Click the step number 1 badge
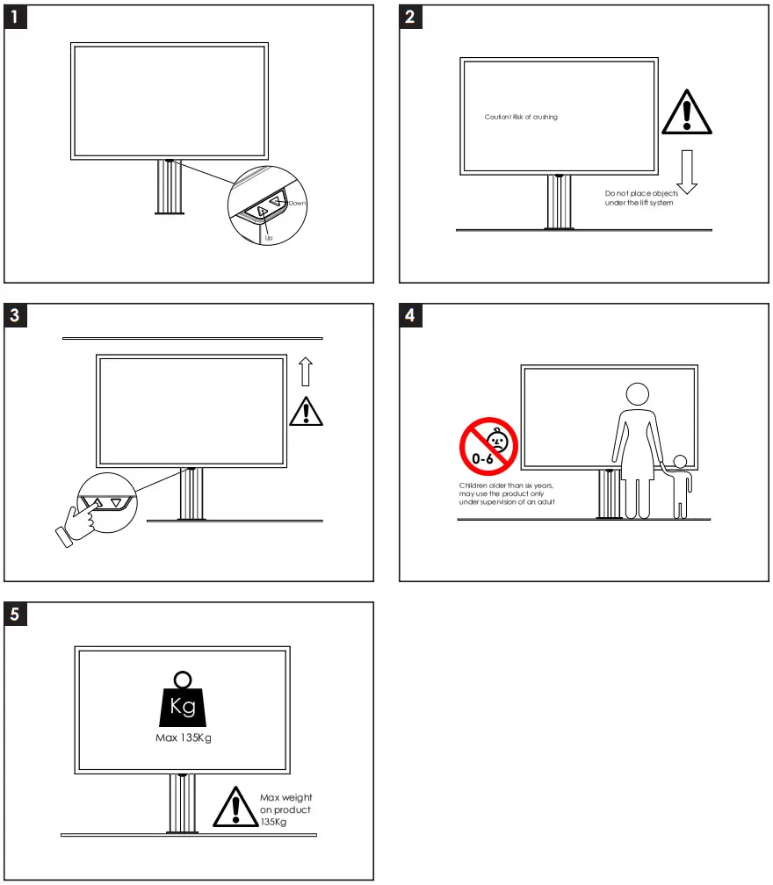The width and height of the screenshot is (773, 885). (x=16, y=18)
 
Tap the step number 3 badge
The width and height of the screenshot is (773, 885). (x=16, y=316)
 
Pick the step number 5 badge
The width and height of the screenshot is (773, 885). (x=16, y=615)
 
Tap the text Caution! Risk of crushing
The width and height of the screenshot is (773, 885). (x=521, y=117)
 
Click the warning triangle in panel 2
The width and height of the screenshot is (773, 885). (x=686, y=112)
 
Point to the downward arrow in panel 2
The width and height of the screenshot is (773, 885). (x=687, y=170)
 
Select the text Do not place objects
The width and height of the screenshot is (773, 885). (x=641, y=193)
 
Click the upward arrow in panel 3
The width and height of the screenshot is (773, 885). (x=306, y=372)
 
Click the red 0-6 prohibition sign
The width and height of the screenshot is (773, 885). (x=489, y=446)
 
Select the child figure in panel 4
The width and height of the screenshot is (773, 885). (x=681, y=487)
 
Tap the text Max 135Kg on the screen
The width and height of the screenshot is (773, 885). (x=183, y=737)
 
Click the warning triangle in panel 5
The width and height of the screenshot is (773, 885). (x=233, y=808)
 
